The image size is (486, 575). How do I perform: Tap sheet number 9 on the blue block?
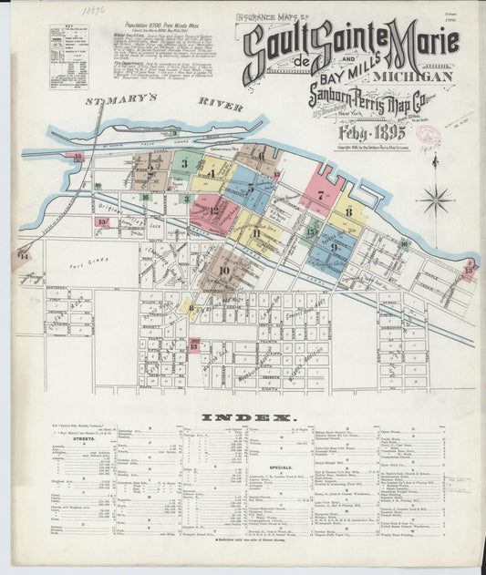tap(334, 247)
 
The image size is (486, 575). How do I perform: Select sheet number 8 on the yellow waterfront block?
tap(348, 212)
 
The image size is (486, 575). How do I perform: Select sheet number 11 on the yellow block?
tap(256, 233)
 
